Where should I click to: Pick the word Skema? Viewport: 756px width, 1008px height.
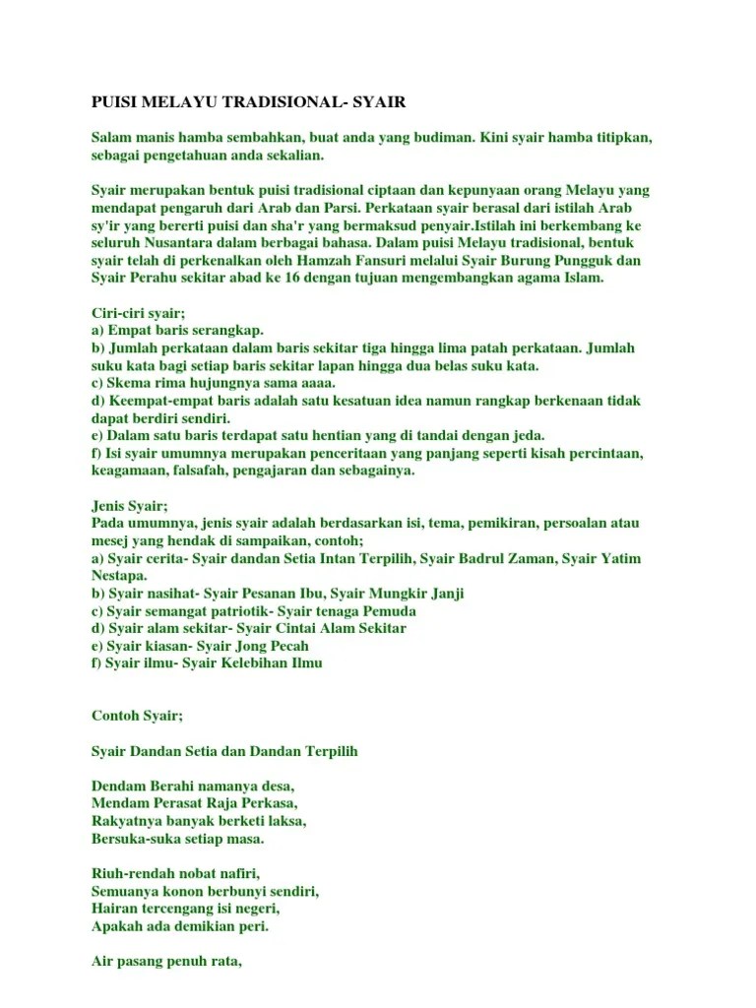tap(128, 383)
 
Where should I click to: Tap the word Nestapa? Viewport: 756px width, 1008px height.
tap(120, 575)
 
